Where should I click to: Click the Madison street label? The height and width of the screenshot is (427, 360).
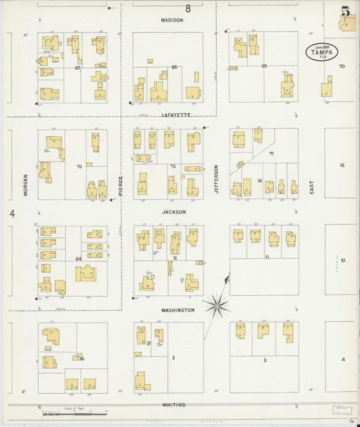click(172, 20)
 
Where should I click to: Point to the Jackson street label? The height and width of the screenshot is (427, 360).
click(173, 211)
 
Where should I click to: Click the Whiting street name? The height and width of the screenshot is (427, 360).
click(174, 404)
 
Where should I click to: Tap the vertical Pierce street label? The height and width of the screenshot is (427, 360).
click(121, 186)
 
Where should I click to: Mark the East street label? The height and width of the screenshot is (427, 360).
click(312, 187)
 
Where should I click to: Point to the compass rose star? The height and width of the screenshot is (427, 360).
click(217, 305)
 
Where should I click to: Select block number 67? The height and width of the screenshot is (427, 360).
click(78, 68)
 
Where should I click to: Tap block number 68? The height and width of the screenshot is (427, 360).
click(174, 66)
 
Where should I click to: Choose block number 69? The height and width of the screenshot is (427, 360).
click(264, 66)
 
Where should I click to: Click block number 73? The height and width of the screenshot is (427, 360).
click(80, 166)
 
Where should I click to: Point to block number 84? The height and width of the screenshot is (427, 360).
click(78, 259)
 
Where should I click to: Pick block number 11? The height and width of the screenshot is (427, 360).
click(267, 257)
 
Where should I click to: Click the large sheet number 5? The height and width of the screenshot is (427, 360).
click(346, 11)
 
